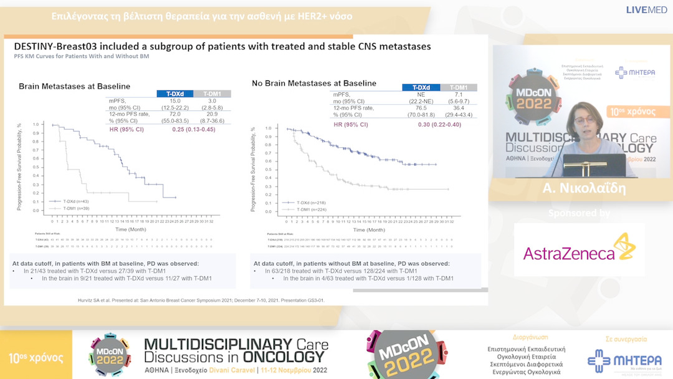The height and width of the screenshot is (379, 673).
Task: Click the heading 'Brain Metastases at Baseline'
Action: (x=74, y=86)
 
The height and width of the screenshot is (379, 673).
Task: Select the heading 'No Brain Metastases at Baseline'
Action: (x=314, y=83)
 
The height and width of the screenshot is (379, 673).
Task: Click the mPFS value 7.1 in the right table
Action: (x=458, y=94)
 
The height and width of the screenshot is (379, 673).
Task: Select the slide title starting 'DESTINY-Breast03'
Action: (x=222, y=47)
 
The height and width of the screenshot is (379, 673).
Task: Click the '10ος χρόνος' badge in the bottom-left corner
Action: (x=36, y=358)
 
